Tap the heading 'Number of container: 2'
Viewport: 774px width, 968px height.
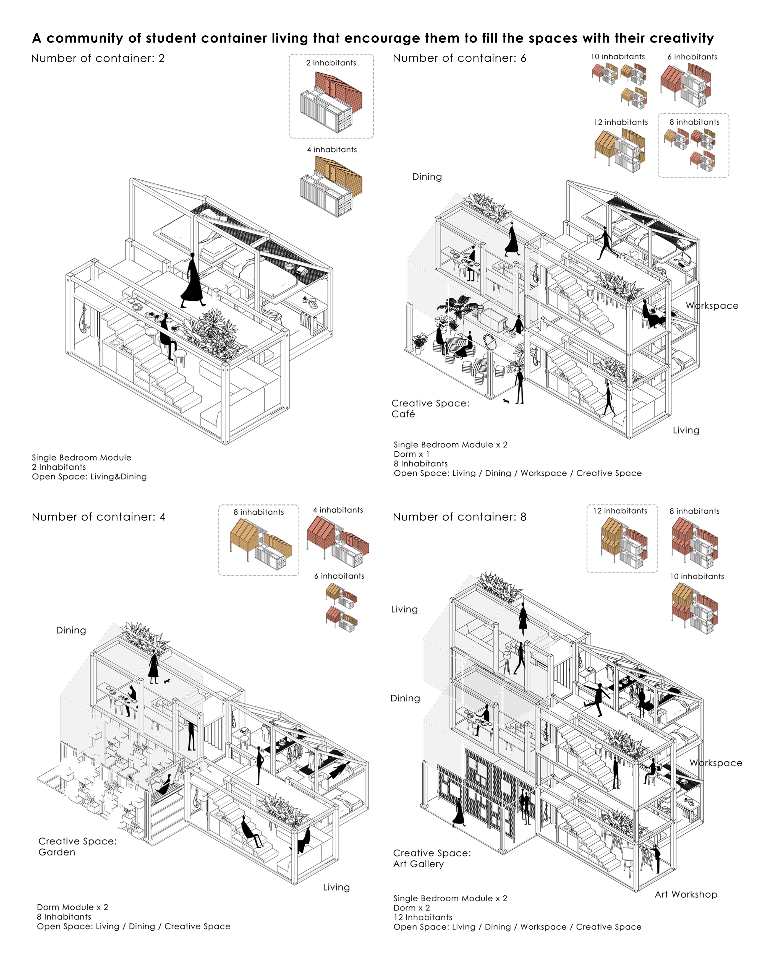98,58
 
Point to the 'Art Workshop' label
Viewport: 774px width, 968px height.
686,894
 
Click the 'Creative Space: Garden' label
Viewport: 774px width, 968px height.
77,846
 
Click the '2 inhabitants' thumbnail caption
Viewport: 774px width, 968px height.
331,63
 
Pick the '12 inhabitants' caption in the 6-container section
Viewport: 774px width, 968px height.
621,122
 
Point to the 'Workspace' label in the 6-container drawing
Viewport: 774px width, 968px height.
712,306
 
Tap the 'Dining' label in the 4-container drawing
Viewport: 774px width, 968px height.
71,630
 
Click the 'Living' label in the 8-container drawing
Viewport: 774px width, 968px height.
404,609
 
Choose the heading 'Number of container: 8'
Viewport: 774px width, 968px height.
459,517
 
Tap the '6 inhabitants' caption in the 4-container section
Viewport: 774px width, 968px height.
339,576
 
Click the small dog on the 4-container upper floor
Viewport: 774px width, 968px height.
167,681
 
